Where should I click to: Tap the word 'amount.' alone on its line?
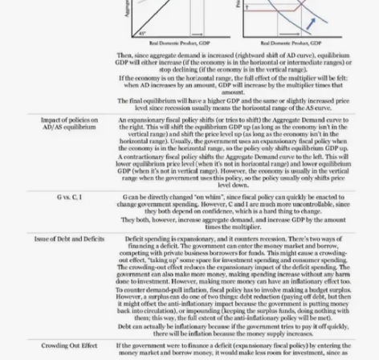[246, 92]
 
